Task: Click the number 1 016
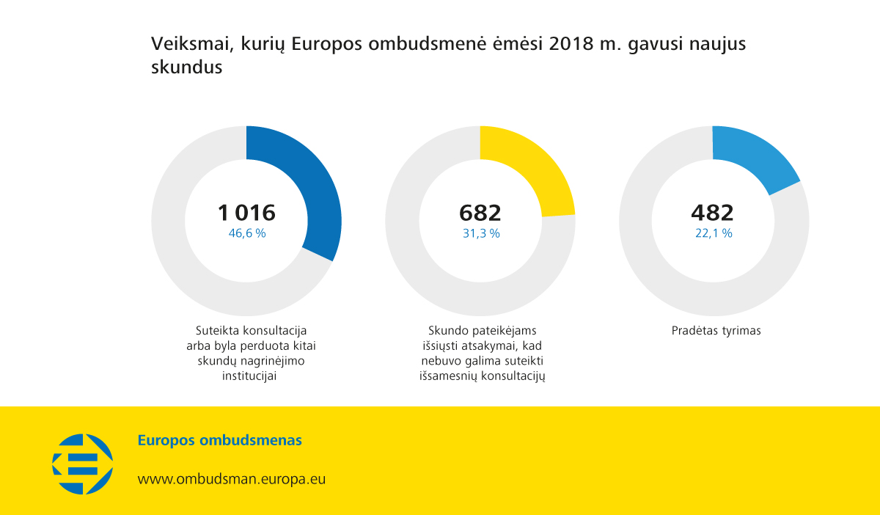(246, 213)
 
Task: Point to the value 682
(480, 213)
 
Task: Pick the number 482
(712, 213)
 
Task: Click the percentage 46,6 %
(247, 233)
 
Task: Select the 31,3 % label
(480, 233)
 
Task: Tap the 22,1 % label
(713, 233)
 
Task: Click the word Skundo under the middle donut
(447, 331)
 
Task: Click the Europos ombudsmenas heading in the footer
(220, 441)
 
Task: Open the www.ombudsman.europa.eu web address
(232, 480)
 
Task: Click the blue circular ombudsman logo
(82, 464)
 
